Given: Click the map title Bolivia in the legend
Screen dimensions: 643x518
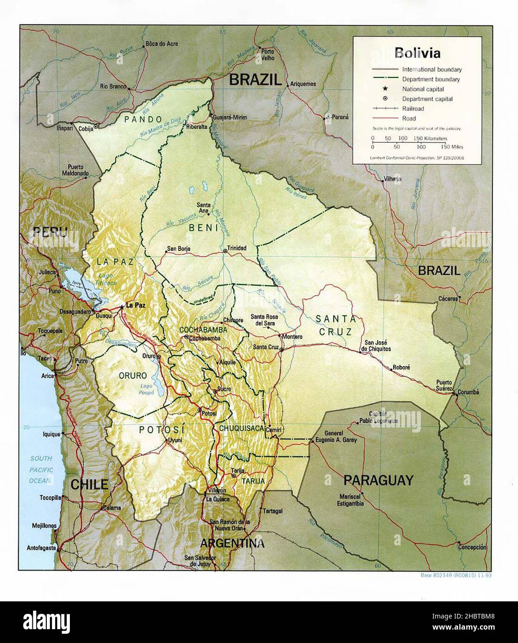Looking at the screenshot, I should [x=417, y=53].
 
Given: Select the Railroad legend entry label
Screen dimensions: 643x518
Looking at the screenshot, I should [x=413, y=109].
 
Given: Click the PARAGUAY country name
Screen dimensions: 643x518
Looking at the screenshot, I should [x=378, y=480].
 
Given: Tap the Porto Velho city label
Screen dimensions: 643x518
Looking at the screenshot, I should [x=268, y=55].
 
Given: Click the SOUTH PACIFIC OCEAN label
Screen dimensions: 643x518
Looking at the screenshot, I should [x=42, y=470].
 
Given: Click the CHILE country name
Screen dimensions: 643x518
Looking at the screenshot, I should [x=89, y=484].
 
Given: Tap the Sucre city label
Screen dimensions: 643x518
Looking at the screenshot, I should [x=224, y=389].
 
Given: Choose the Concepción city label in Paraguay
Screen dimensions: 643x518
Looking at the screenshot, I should [x=473, y=547].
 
